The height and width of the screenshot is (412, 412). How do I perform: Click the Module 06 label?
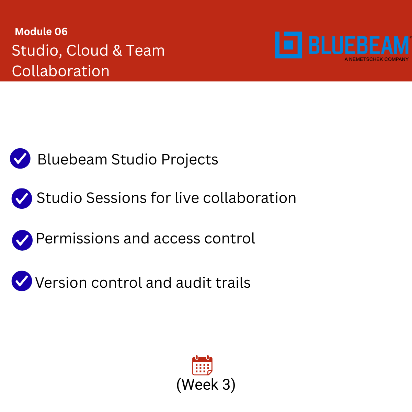point(41,32)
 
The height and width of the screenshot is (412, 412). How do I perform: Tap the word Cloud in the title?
point(87,51)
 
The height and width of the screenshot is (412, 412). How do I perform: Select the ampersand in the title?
point(117,51)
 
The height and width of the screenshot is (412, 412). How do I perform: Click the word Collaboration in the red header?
point(61,71)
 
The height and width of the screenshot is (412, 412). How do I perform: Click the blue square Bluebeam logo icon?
point(288,45)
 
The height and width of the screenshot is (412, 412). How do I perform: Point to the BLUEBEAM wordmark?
point(359,45)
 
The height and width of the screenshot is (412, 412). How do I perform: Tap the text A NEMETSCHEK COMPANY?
point(377,59)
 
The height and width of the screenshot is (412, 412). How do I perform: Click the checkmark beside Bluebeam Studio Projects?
point(20,158)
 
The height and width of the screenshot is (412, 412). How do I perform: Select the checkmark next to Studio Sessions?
point(22,198)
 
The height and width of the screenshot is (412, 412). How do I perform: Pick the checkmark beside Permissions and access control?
point(22,240)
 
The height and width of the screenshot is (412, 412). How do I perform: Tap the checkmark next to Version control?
point(22,281)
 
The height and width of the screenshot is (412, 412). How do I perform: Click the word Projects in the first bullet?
point(190,160)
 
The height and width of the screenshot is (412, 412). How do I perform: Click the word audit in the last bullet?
point(194,283)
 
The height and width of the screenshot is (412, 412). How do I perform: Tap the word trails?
point(233,283)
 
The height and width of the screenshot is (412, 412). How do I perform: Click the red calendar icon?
point(202,365)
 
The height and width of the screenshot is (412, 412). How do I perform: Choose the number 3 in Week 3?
point(226,385)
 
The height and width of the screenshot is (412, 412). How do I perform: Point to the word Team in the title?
point(145,51)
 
